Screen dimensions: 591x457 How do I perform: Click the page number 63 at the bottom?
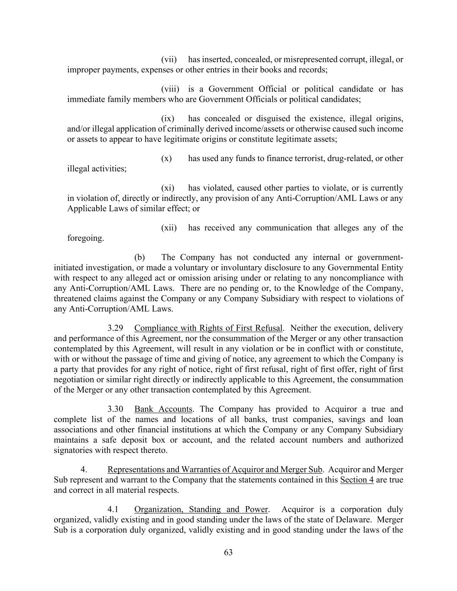(x=228, y=552)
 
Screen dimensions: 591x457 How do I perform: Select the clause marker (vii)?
(x=169, y=60)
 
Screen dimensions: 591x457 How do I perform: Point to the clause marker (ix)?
(x=168, y=119)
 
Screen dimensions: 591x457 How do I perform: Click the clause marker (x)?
(x=166, y=158)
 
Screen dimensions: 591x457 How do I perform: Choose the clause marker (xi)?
(x=168, y=188)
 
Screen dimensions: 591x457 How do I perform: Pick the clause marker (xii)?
(x=169, y=228)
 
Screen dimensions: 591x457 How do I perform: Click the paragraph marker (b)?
(x=139, y=257)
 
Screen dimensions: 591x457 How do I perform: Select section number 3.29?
(x=115, y=328)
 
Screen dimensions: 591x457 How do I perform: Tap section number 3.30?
(x=115, y=409)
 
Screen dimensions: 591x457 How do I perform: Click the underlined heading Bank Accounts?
(x=163, y=409)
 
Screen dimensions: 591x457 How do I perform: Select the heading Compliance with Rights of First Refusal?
(x=208, y=328)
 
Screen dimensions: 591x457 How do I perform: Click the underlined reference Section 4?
(x=357, y=480)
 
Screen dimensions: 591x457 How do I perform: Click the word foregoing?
(x=85, y=238)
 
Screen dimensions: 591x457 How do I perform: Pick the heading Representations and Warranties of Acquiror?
(x=215, y=470)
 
